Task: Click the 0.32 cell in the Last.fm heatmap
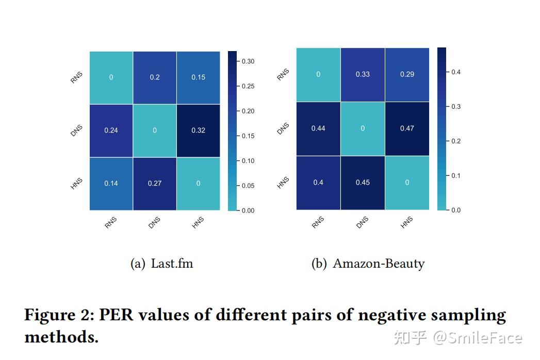click(x=198, y=130)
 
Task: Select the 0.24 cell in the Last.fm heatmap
click(x=111, y=130)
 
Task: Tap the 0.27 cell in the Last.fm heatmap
click(x=155, y=184)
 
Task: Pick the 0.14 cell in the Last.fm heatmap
click(x=111, y=184)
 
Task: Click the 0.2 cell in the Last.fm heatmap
click(x=155, y=77)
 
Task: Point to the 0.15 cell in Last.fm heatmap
click(x=198, y=77)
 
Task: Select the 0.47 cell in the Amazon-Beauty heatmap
click(x=407, y=128)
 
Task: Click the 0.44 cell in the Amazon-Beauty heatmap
click(x=318, y=128)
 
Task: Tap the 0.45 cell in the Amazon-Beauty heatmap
click(x=363, y=183)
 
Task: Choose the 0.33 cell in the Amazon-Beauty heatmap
click(x=363, y=74)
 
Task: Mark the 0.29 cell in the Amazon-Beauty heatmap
click(x=407, y=74)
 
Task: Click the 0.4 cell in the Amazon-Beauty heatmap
click(x=318, y=183)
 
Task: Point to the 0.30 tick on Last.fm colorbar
click(x=248, y=61)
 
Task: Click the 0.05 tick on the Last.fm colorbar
click(x=248, y=186)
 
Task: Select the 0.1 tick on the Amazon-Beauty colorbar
click(x=456, y=176)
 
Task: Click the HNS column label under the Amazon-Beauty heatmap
click(x=407, y=222)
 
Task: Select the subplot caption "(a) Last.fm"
click(x=162, y=264)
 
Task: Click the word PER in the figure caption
click(x=117, y=315)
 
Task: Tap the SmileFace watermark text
click(x=477, y=338)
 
